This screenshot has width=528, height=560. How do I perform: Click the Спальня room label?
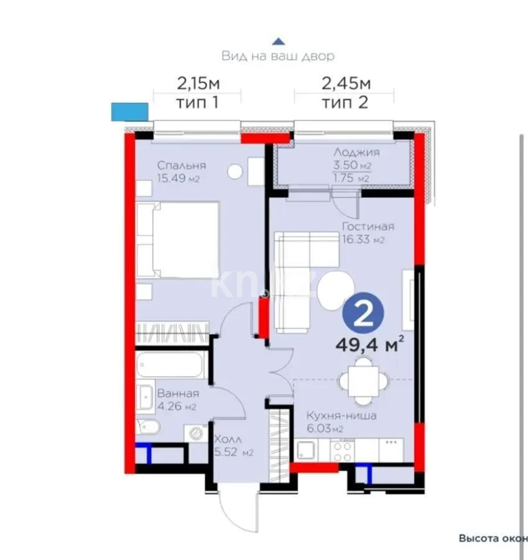181,166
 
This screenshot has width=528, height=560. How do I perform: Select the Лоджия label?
356,152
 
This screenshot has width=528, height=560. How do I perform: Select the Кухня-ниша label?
340,416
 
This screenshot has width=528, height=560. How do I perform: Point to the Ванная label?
178,393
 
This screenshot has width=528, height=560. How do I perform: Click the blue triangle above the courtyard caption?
279,41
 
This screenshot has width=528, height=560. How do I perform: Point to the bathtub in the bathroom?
170,365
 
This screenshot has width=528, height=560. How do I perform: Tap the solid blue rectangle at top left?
129,111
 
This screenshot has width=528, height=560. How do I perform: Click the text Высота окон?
493,538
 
